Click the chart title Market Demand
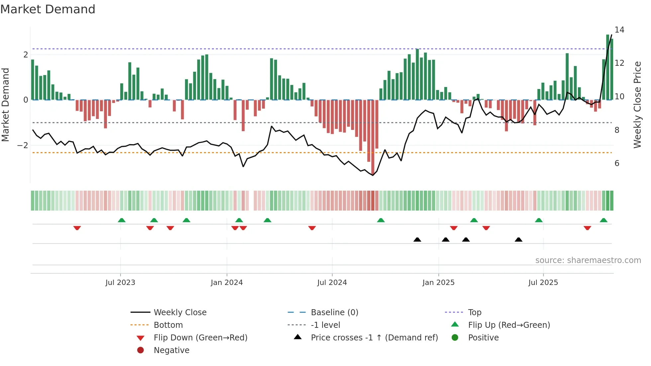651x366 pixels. tap(48, 9)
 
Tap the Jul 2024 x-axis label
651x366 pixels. tap(332, 283)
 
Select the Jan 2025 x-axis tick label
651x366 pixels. tap(438, 283)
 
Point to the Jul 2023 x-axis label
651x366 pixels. tap(120, 283)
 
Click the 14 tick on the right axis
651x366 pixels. tap(619, 30)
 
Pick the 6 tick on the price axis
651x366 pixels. tap(617, 163)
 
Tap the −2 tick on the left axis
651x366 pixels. tap(23, 145)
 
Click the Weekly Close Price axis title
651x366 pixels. tap(637, 105)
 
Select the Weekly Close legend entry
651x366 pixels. tap(180, 313)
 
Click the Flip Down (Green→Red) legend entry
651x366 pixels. tap(200, 338)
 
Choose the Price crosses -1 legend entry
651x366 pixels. tap(374, 338)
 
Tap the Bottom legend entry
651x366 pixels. tap(168, 325)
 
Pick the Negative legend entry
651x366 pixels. tap(171, 350)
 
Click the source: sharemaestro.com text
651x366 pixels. tap(588, 260)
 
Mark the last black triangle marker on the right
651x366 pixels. tap(518, 240)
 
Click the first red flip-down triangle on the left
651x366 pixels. tap(77, 228)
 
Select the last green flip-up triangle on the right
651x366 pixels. tap(604, 220)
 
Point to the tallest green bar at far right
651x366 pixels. tap(607, 66)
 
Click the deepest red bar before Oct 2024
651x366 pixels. tap(373, 136)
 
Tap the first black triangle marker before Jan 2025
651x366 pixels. tap(417, 240)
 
